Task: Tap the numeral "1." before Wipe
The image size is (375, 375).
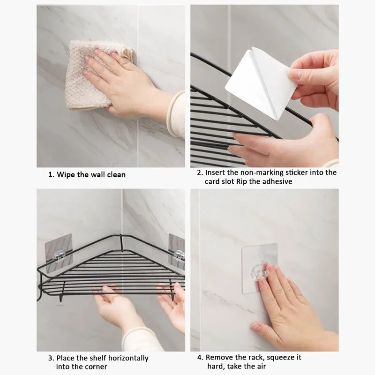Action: click(x=52, y=175)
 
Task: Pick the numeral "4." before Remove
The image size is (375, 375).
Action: click(x=201, y=358)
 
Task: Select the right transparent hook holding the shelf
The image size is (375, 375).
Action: click(x=180, y=255)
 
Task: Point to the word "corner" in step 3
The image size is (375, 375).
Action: click(x=95, y=367)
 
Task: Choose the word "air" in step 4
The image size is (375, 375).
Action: click(x=261, y=367)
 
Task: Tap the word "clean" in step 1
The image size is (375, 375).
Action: click(x=116, y=175)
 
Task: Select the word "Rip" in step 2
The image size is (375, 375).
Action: click(x=242, y=181)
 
